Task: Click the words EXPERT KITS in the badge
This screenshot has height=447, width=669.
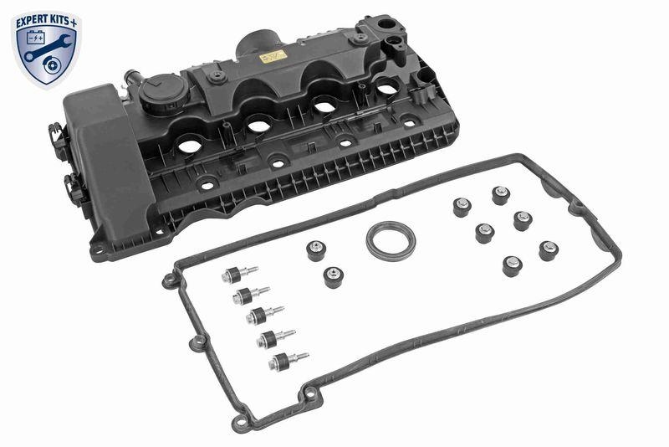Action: click(x=43, y=17)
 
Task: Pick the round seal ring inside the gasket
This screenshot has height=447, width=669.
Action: click(x=390, y=240)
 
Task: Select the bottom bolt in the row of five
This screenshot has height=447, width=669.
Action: click(x=283, y=361)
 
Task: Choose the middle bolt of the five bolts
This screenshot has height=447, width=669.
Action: click(x=261, y=316)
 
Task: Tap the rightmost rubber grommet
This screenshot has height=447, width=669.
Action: click(x=549, y=250)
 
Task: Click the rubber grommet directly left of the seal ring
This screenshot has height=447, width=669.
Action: click(x=316, y=251)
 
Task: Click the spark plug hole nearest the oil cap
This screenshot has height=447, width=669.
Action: click(x=190, y=146)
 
